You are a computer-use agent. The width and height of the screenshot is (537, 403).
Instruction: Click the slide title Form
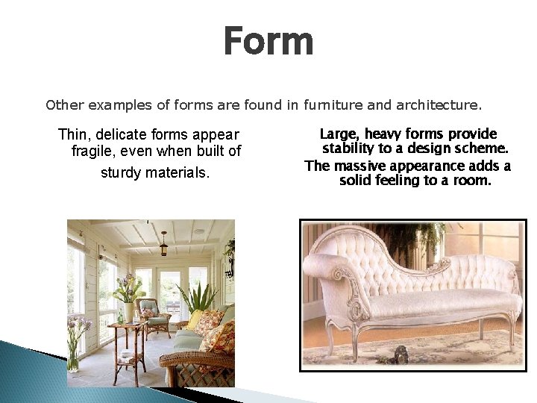click(268, 42)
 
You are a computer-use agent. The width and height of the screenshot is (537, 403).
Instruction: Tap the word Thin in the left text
click(72, 135)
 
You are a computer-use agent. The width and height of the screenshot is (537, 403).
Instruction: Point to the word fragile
click(92, 152)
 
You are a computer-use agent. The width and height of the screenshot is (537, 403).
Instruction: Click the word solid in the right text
click(357, 181)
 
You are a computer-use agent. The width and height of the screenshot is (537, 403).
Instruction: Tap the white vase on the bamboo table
click(129, 311)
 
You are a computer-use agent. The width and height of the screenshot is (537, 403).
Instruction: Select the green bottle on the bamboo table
click(119, 316)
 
